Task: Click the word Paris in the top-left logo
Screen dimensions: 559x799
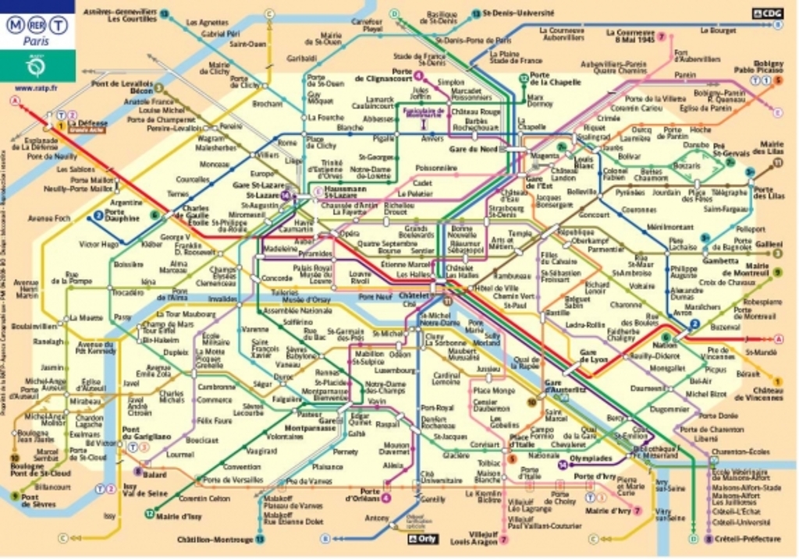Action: pyautogui.click(x=35, y=42)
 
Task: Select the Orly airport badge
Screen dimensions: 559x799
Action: pyautogui.click(x=424, y=538)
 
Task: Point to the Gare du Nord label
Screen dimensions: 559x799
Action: pyautogui.click(x=474, y=148)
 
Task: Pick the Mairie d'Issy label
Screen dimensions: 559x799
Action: pyautogui.click(x=178, y=515)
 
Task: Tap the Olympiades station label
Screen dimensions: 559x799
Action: pyautogui.click(x=591, y=458)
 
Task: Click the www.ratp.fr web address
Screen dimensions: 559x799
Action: pyautogui.click(x=36, y=87)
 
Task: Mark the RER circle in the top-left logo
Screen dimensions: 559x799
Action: pyautogui.click(x=36, y=24)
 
